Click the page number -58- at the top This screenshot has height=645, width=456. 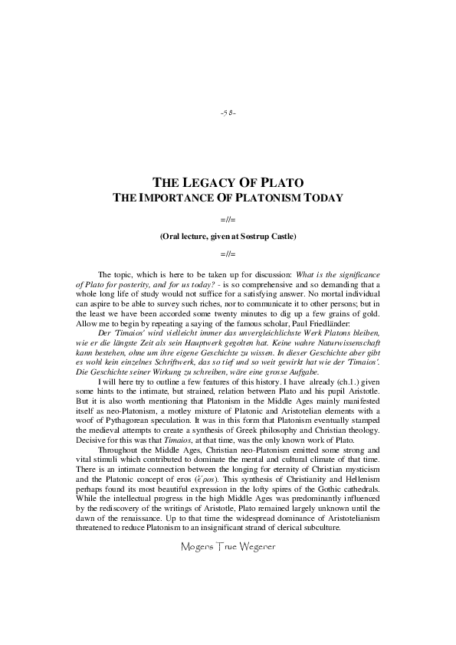coord(228,113)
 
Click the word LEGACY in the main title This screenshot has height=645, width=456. coord(205,183)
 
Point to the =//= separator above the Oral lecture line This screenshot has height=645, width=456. coord(228,220)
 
